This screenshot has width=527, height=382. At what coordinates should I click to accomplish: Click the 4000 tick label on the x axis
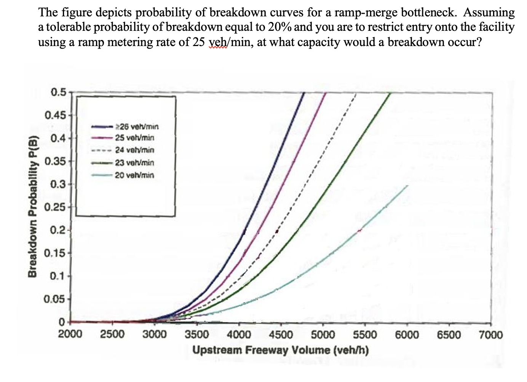[x=239, y=335]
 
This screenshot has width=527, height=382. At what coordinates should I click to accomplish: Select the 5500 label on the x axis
[x=365, y=335]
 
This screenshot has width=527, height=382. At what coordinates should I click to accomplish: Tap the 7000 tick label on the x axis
[x=490, y=335]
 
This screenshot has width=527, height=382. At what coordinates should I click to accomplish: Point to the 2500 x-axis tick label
[x=112, y=335]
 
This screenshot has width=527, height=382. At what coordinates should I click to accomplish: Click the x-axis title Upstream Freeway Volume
[x=280, y=350]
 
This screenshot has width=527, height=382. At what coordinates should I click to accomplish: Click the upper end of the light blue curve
[x=407, y=186]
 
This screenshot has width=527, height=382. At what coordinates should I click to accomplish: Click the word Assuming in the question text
[x=489, y=13]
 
